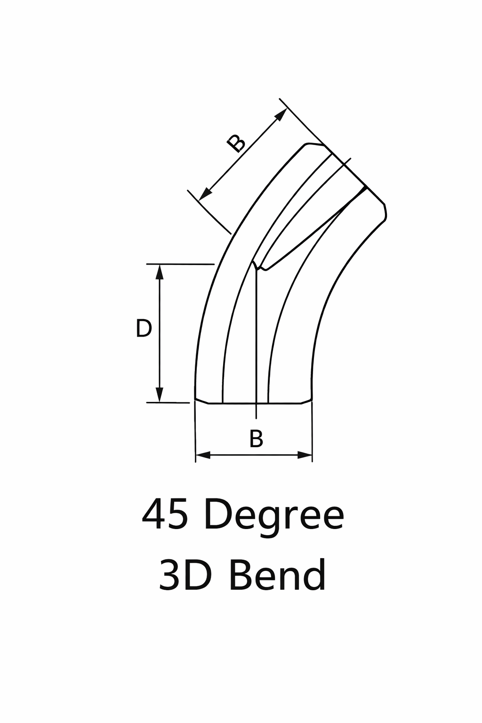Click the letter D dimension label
tap(144, 329)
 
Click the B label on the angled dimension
tap(236, 143)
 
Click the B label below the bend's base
tap(256, 439)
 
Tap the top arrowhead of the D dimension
tap(160, 272)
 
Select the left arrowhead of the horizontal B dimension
tap(203, 455)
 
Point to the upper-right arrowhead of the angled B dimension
tap(281, 114)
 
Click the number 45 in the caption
tap(165, 514)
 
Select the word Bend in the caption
tap(277, 575)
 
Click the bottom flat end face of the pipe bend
tap(254, 403)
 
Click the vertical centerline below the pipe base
tap(256, 411)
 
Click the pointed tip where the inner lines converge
tap(255, 263)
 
